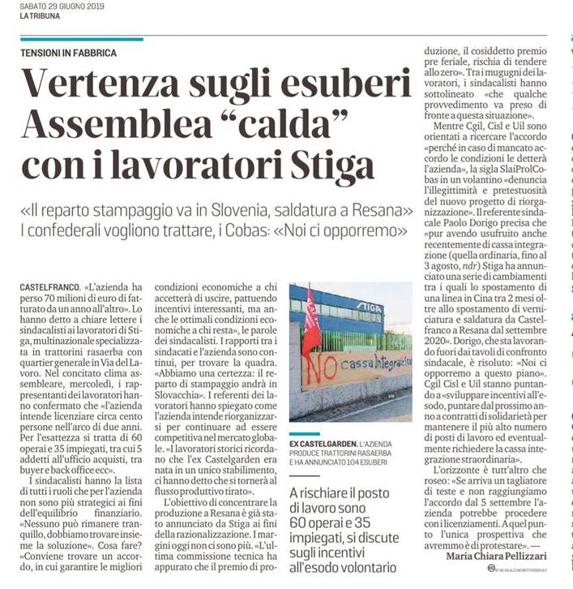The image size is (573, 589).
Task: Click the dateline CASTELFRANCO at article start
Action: point(49,287)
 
